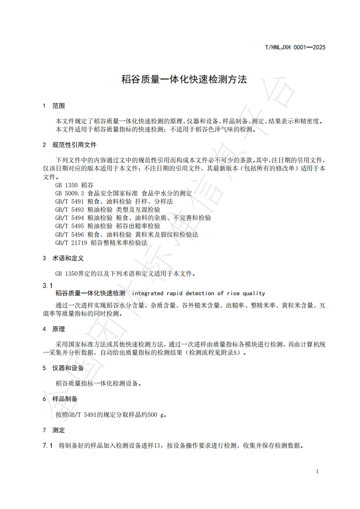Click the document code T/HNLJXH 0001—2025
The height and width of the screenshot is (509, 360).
tap(295, 47)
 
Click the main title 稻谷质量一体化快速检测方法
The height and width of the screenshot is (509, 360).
tap(184, 79)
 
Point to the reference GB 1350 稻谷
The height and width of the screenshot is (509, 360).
tap(74, 185)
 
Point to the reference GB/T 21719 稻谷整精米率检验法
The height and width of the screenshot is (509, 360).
tap(101, 242)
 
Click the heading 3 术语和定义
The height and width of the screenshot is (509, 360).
tap(63, 258)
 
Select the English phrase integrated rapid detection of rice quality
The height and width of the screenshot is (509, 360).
tap(198, 294)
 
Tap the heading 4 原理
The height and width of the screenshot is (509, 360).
tap(54, 329)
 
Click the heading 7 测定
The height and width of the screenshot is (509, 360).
tap(54, 430)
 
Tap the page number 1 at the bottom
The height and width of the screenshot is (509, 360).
tap(317, 471)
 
